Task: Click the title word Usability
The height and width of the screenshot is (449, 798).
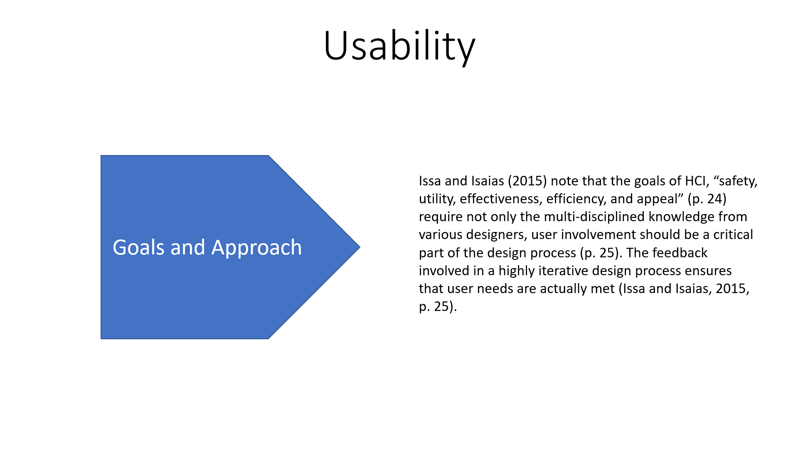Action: pyautogui.click(x=399, y=47)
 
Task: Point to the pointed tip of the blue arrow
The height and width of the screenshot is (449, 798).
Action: pyautogui.click(x=360, y=247)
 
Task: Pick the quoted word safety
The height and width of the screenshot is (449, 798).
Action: pyautogui.click(x=735, y=181)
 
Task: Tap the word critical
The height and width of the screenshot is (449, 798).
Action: pyautogui.click(x=733, y=234)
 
